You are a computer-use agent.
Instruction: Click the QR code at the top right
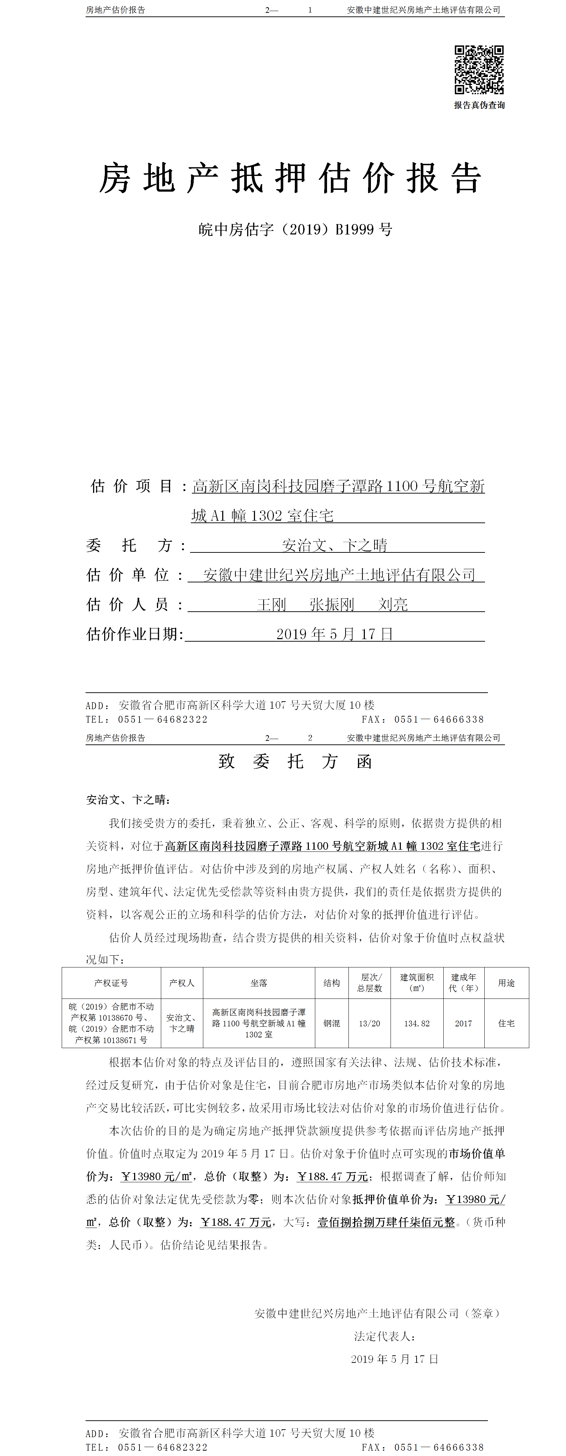(479, 70)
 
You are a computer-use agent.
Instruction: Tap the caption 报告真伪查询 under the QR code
(479, 105)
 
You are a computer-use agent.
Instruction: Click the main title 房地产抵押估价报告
(290, 178)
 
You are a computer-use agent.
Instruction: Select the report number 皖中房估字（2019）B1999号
(295, 229)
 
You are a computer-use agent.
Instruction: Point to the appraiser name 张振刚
(332, 605)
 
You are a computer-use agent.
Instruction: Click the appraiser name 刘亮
(393, 605)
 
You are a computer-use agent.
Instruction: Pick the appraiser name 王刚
(272, 605)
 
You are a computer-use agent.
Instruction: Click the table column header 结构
(332, 983)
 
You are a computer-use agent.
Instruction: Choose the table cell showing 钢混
(332, 1023)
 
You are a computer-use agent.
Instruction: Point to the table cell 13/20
(369, 1023)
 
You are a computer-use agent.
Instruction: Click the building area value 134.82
(417, 1023)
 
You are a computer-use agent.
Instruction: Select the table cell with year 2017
(463, 1023)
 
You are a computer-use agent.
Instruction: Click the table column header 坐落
(259, 983)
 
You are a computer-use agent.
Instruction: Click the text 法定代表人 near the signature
(385, 1336)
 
